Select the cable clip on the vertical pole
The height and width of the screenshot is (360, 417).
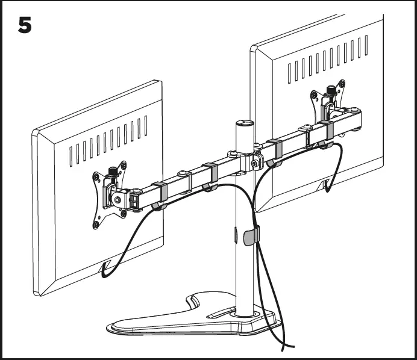click(251, 235)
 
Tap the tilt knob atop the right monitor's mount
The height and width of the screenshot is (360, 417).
click(330, 91)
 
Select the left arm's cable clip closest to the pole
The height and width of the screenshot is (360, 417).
click(210, 176)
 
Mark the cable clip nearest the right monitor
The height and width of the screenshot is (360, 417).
click(326, 134)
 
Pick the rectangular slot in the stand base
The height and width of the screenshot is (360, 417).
click(224, 312)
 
